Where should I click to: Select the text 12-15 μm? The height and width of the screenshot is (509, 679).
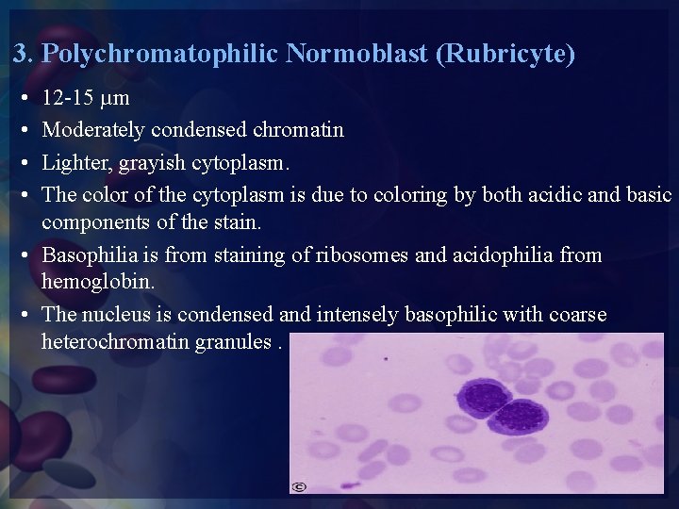coord(87,98)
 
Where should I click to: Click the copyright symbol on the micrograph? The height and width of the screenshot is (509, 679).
coord(298,485)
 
